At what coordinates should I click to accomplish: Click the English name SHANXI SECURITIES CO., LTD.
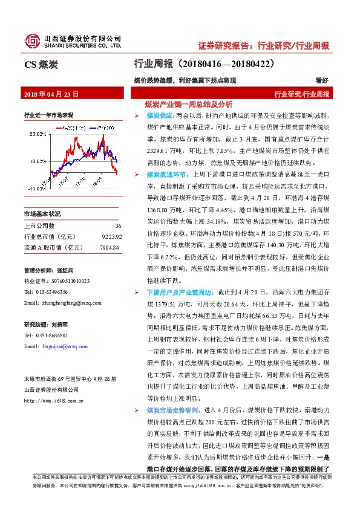coord(83,45)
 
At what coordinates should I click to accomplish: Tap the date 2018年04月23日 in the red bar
coord(50,94)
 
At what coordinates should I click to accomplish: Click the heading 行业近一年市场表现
coord(48,115)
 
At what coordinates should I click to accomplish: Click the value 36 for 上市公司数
coord(118,225)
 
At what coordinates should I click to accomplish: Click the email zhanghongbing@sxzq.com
coord(66,302)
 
